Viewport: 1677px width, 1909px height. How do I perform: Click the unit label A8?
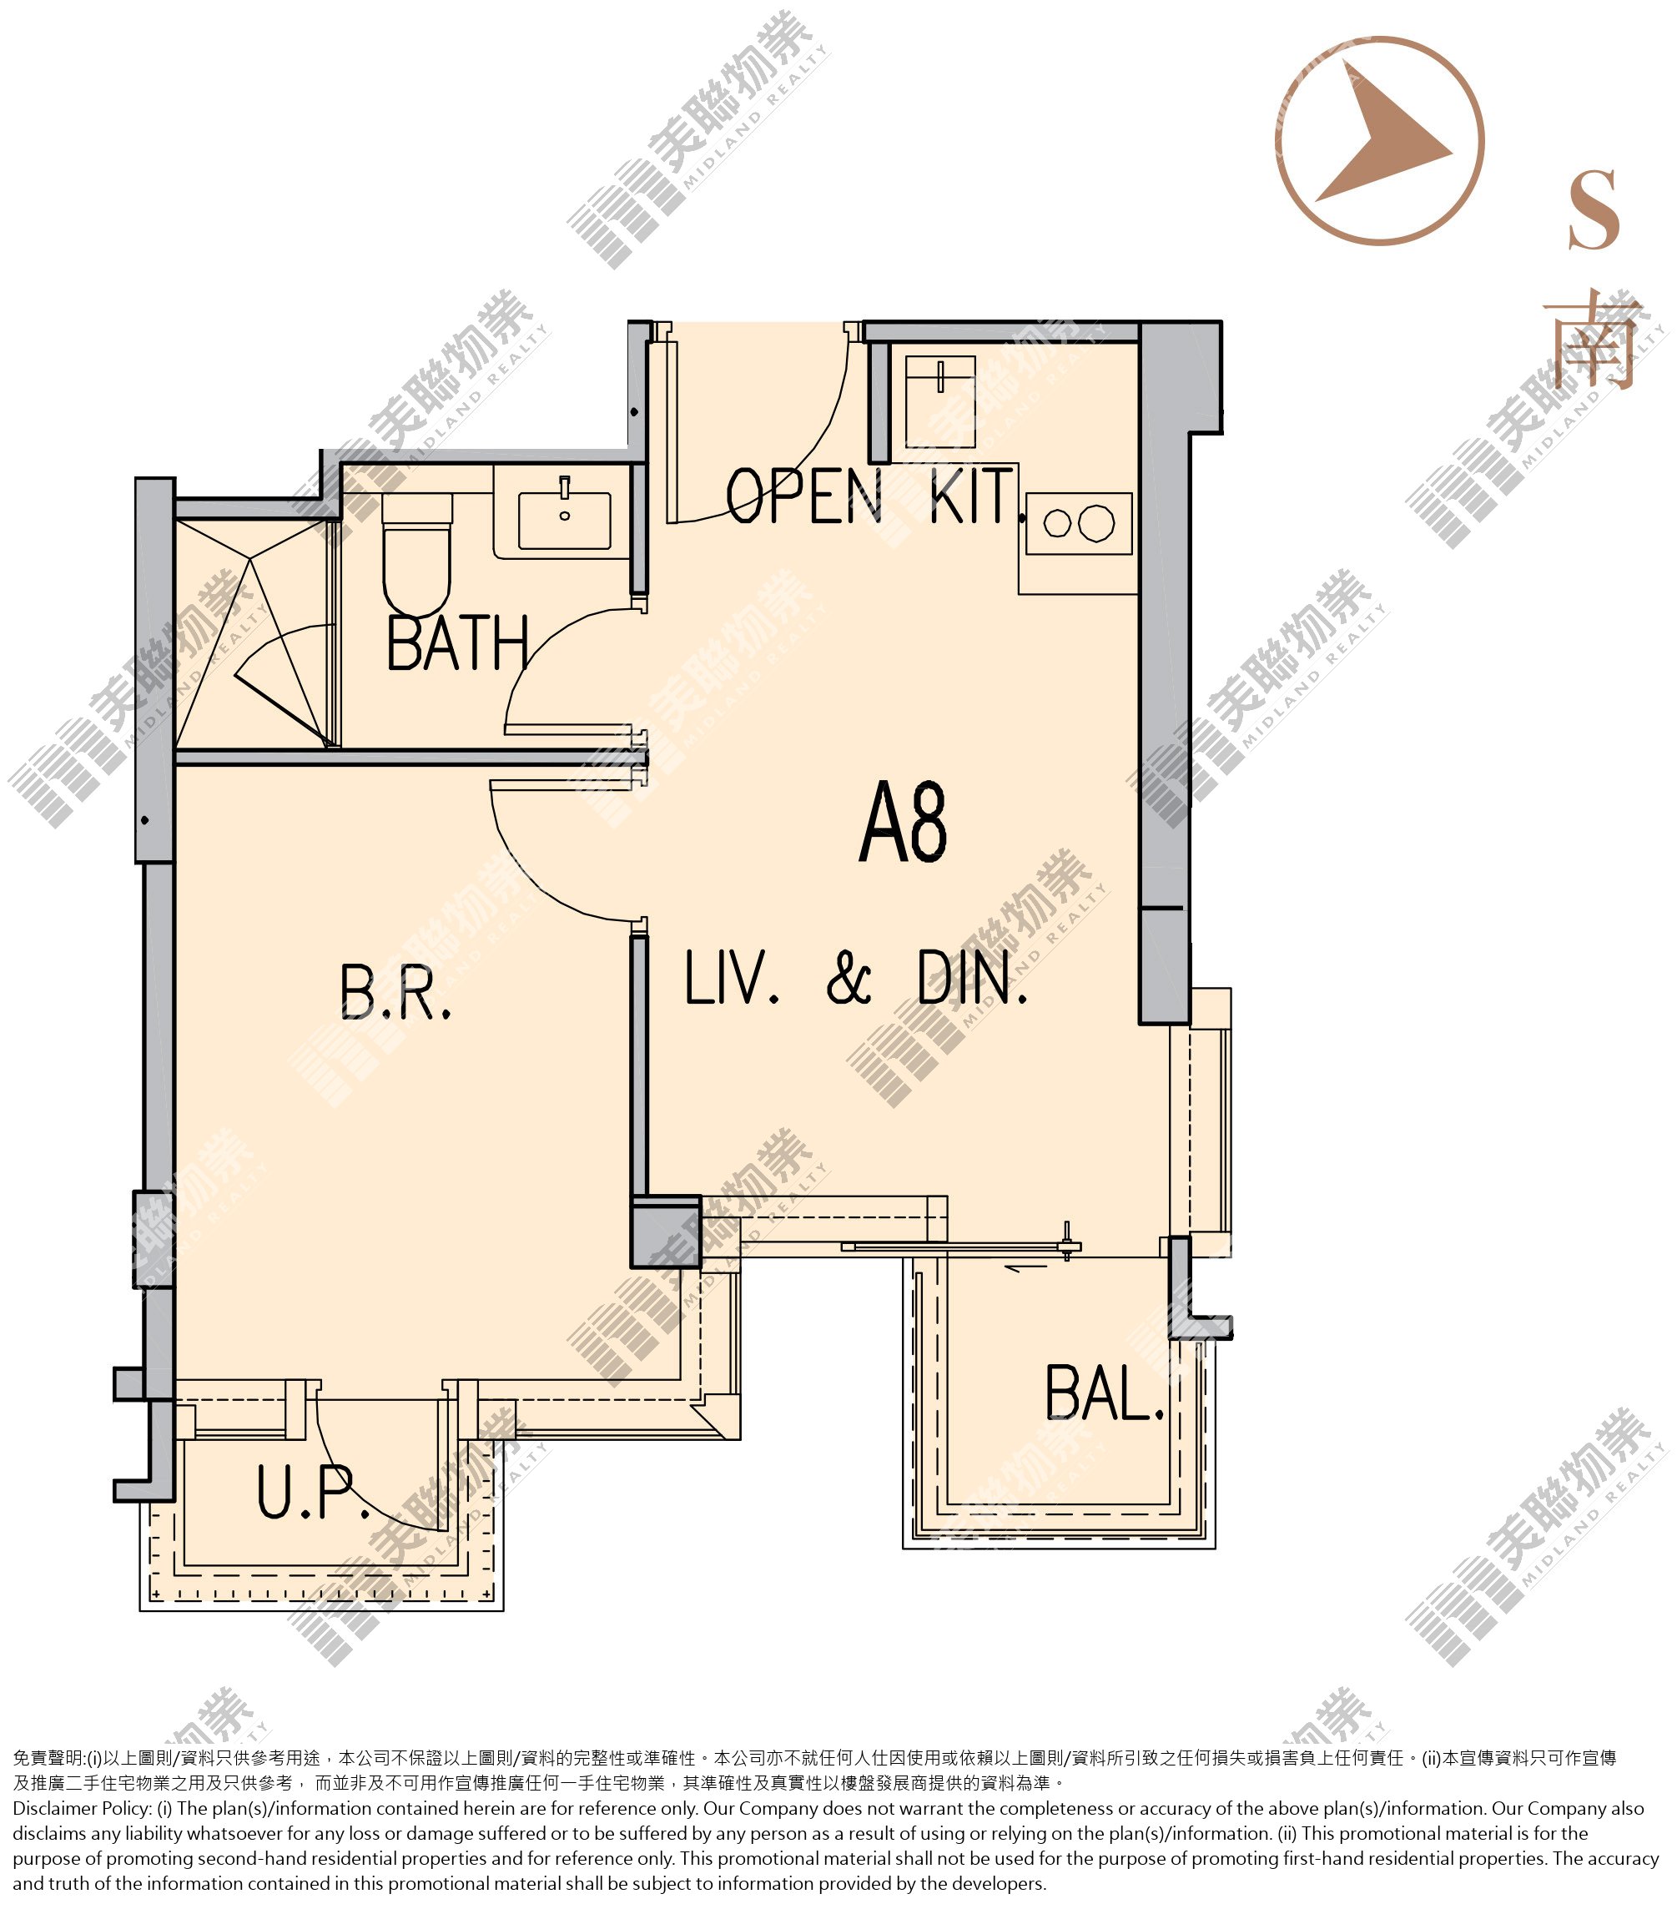coord(903,823)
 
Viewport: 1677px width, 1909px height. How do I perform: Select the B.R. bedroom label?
coord(395,992)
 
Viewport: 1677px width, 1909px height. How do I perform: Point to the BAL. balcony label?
coord(1105,1393)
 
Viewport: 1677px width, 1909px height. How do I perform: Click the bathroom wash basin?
coord(564,516)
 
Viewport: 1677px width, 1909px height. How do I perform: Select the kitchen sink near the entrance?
coord(940,400)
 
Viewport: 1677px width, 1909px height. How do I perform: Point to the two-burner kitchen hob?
coord(1079,523)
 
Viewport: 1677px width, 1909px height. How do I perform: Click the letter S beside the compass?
coord(1593,210)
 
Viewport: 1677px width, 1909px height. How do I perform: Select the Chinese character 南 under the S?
coord(1593,343)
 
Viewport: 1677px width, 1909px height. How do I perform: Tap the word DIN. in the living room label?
coord(972,978)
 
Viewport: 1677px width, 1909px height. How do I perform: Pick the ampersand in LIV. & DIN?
coord(849,979)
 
